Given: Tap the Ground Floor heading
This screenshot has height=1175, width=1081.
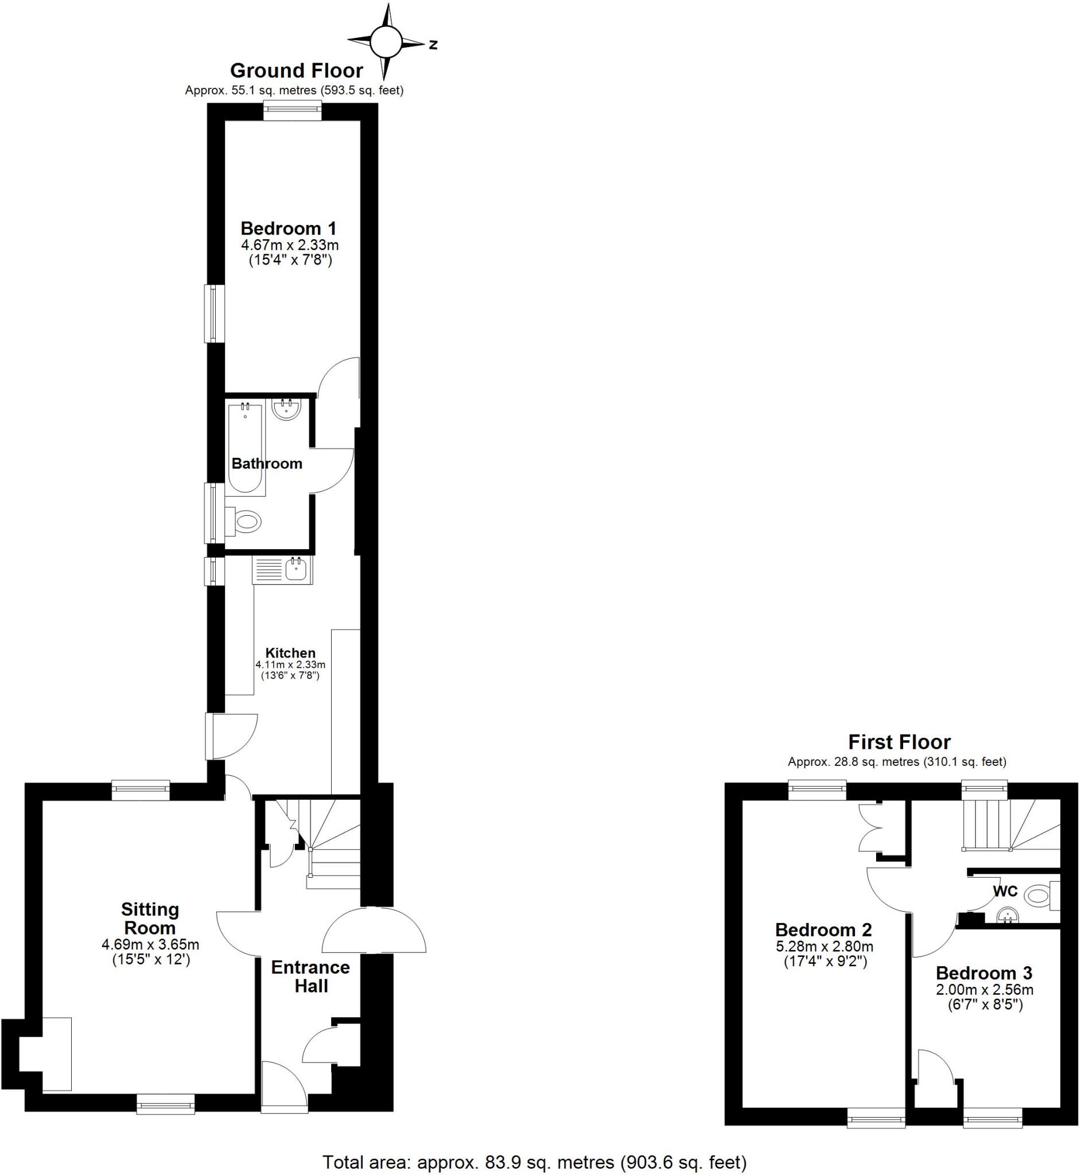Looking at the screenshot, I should pos(296,71).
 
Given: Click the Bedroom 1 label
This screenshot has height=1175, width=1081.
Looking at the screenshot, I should pos(289,228).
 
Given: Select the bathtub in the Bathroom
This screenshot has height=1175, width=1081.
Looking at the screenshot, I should pos(245,448).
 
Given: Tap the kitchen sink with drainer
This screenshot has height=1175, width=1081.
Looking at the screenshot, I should pos(283,569).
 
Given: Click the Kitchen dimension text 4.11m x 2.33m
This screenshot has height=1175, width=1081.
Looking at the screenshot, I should pos(290,665).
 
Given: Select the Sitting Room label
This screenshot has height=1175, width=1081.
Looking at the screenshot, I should pos(150,918).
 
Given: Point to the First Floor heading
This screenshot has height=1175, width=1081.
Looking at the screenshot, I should pos(899,742).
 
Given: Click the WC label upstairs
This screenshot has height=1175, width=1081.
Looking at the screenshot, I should pos(1005,892).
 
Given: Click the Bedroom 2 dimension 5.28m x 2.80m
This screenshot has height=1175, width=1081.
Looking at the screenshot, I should pos(823,946).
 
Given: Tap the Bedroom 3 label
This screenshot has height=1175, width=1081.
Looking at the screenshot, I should pos(984,973).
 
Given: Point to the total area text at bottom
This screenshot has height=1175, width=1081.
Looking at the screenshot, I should pos(535,1161).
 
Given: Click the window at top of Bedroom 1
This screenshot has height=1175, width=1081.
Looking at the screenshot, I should pos(292,111).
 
